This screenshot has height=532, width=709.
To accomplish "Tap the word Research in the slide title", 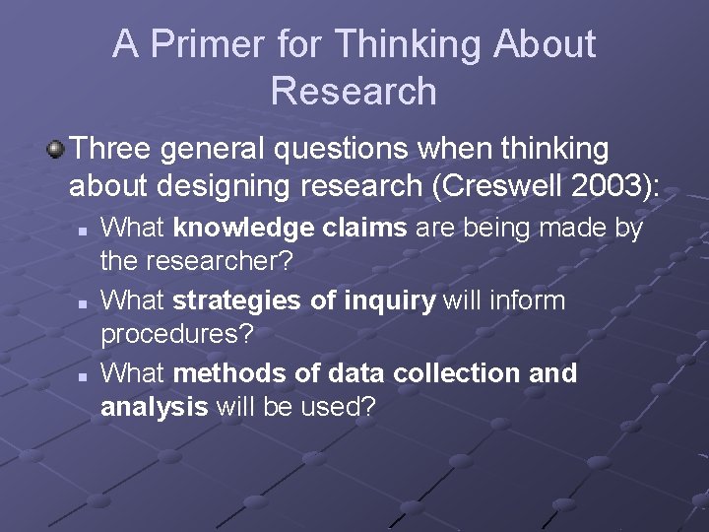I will coord(354,91).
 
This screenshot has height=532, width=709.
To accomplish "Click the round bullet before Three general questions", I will coord(55,150).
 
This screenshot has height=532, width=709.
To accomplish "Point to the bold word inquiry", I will coord(390,299).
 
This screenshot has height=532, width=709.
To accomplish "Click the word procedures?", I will coord(177,334).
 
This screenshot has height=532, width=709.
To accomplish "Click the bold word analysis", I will coord(154,407).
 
